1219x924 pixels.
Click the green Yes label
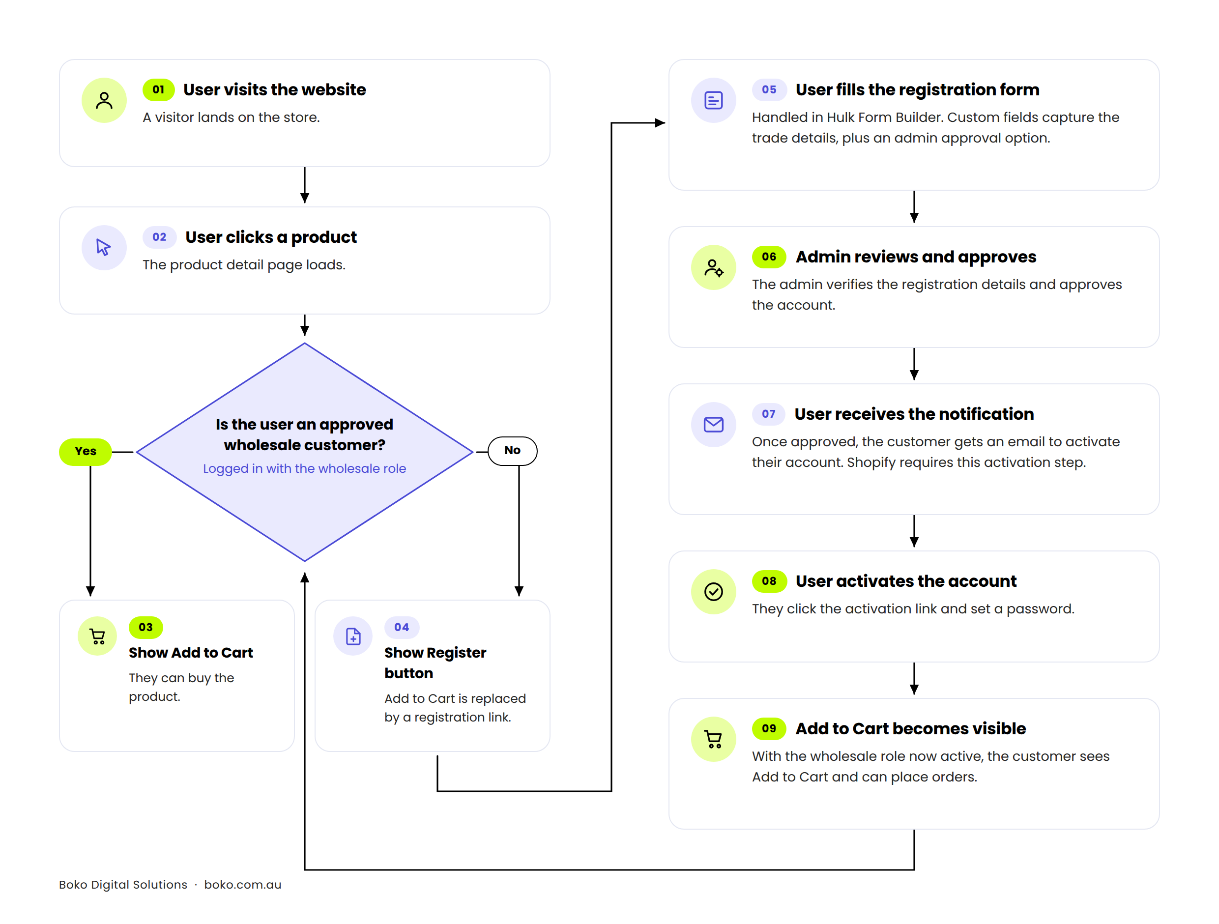click(x=86, y=452)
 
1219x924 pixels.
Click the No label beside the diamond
click(x=513, y=451)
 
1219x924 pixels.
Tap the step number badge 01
click(x=159, y=90)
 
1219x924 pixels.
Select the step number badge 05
click(x=769, y=90)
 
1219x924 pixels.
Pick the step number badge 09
click(x=769, y=728)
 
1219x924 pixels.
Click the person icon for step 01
click(x=104, y=100)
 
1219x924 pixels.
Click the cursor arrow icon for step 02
click(x=104, y=247)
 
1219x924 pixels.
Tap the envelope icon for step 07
click(x=714, y=424)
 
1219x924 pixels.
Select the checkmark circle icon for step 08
click(x=714, y=591)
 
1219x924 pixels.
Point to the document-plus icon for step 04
click(x=353, y=636)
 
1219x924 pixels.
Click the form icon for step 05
click(x=714, y=100)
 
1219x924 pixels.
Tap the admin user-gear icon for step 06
click(x=714, y=267)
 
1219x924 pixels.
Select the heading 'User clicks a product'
click(x=271, y=237)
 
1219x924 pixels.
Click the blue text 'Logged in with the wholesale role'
click(x=304, y=468)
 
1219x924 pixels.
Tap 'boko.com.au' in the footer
click(x=242, y=884)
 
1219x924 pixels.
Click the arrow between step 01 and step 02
click(x=305, y=185)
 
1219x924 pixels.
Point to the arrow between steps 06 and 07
click(x=914, y=364)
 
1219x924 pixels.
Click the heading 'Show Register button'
click(x=435, y=663)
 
